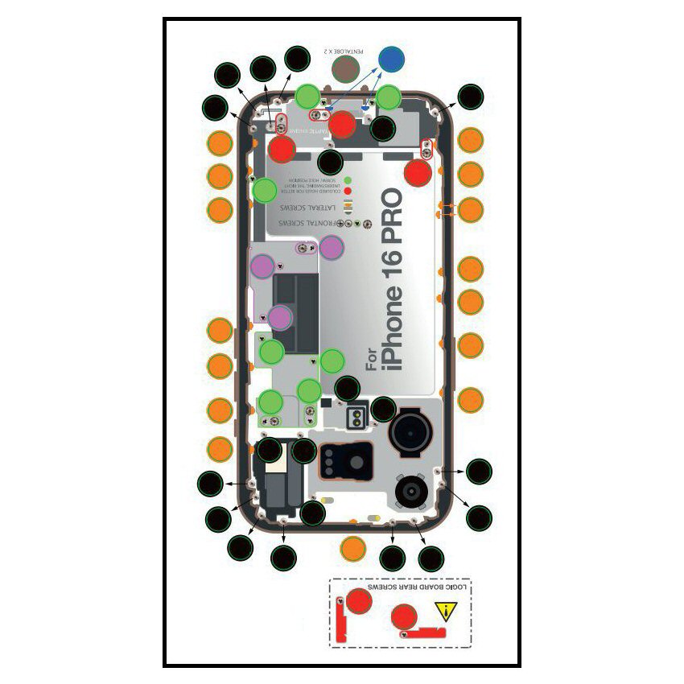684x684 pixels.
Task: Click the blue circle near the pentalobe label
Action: point(392,59)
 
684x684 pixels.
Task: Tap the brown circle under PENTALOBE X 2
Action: point(347,70)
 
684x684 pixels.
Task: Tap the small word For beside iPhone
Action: point(371,359)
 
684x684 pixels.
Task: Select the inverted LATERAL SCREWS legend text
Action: point(307,207)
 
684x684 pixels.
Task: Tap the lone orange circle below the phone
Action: point(353,548)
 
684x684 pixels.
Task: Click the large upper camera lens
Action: point(412,435)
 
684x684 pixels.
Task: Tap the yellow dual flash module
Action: point(355,416)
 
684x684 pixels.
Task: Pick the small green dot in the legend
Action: point(348,180)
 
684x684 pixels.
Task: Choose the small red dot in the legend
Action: point(348,192)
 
